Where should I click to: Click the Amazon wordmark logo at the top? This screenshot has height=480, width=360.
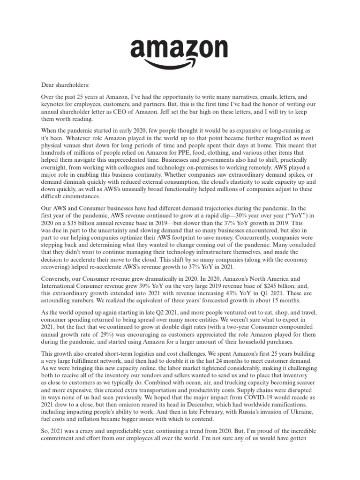180,49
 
